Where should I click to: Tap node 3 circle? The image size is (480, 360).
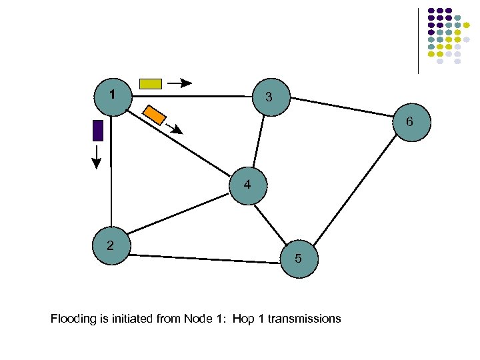pos(269,97)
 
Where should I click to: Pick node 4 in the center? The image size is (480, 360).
pos(247,185)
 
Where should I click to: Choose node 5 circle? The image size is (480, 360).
pos(299,258)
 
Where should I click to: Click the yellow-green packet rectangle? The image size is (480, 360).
pos(150,83)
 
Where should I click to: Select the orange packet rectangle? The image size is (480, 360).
pos(155,114)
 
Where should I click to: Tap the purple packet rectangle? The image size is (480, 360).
pos(97,130)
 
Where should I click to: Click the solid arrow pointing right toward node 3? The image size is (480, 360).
pos(179,83)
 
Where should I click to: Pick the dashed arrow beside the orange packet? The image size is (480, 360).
pos(174,129)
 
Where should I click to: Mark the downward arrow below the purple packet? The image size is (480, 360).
pos(97,156)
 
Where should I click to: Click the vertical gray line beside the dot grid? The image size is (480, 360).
pos(418,40)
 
